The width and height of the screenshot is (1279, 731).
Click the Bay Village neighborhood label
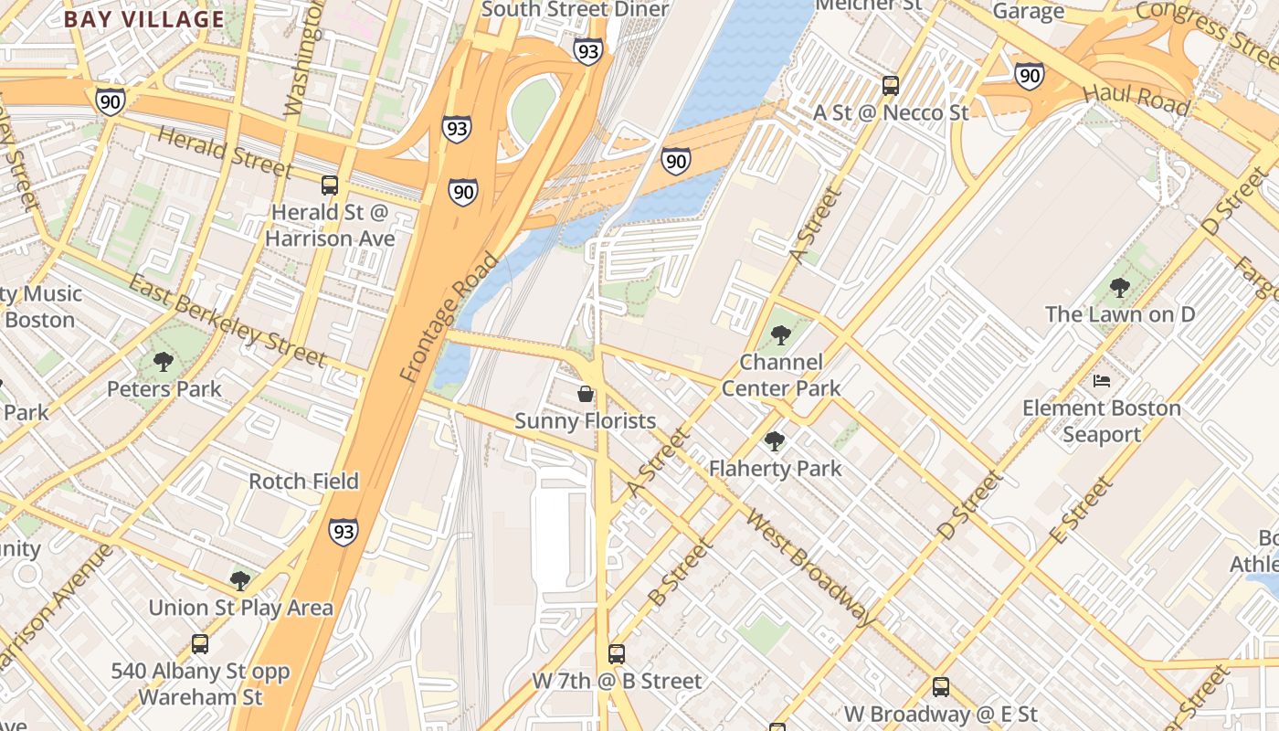coord(144,19)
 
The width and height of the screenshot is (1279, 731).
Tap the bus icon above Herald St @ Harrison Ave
coord(330,185)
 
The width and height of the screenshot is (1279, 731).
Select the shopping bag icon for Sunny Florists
coord(586,394)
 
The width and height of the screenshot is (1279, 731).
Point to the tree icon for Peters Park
coord(164,362)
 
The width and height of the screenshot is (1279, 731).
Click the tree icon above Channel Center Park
coord(780,335)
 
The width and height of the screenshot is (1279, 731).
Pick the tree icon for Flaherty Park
coord(775,441)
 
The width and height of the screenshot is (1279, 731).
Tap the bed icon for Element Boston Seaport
coord(1102,380)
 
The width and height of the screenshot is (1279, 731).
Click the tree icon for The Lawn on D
coord(1119,288)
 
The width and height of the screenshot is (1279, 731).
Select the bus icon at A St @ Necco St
coord(891,86)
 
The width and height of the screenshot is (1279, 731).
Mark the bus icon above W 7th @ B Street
coord(617,654)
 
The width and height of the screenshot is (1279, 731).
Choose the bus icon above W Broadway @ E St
coord(941,687)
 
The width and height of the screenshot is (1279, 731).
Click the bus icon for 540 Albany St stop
coord(200,644)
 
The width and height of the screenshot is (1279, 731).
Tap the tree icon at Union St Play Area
coord(240,580)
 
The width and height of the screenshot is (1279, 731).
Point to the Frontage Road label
coord(449,317)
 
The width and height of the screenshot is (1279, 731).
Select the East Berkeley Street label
coord(227,319)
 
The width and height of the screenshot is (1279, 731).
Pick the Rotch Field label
coord(303,481)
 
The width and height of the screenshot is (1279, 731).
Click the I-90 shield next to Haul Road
coord(1030,75)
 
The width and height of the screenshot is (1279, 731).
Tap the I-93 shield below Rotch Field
coord(344,531)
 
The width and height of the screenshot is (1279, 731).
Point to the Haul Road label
coord(1136,100)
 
